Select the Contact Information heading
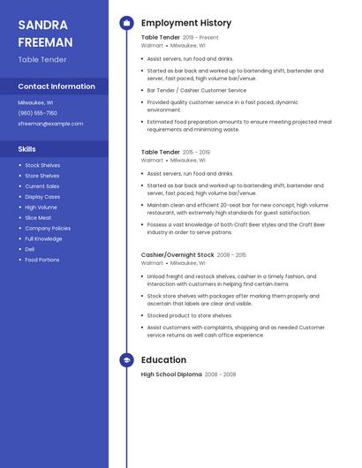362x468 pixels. (x=57, y=87)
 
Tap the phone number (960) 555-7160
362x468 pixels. (x=37, y=113)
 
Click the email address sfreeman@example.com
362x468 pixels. (x=50, y=124)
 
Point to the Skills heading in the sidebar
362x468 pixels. (x=26, y=149)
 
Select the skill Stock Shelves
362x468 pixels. (x=42, y=165)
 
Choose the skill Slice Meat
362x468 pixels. (x=38, y=217)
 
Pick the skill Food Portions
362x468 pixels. (x=42, y=260)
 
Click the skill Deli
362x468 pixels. (x=30, y=249)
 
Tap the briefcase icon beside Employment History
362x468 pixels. (x=126, y=23)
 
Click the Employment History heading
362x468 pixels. (x=186, y=23)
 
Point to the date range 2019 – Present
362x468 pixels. (x=200, y=38)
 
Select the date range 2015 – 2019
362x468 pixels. (x=196, y=152)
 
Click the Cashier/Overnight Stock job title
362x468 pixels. (x=177, y=254)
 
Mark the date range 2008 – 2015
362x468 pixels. (x=232, y=254)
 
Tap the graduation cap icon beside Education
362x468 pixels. (x=126, y=360)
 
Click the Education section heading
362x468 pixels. (x=163, y=360)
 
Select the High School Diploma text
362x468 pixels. (x=171, y=374)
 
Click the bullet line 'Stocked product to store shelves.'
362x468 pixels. (x=190, y=315)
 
